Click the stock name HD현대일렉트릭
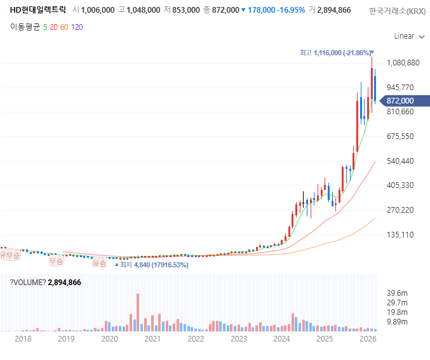38,10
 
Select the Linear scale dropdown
409,36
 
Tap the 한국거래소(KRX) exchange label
398,11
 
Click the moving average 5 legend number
45,27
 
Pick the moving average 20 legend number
53,27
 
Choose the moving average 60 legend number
64,27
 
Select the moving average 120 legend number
77,27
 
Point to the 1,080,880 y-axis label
403,63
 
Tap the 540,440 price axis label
400,161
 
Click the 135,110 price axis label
400,235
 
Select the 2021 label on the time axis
152,339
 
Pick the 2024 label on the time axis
281,339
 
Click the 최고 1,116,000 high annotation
337,53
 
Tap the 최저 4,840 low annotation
152,265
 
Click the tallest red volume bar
138,312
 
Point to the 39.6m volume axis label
397,293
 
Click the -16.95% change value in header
291,10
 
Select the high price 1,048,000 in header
143,10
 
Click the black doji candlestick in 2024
304,199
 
